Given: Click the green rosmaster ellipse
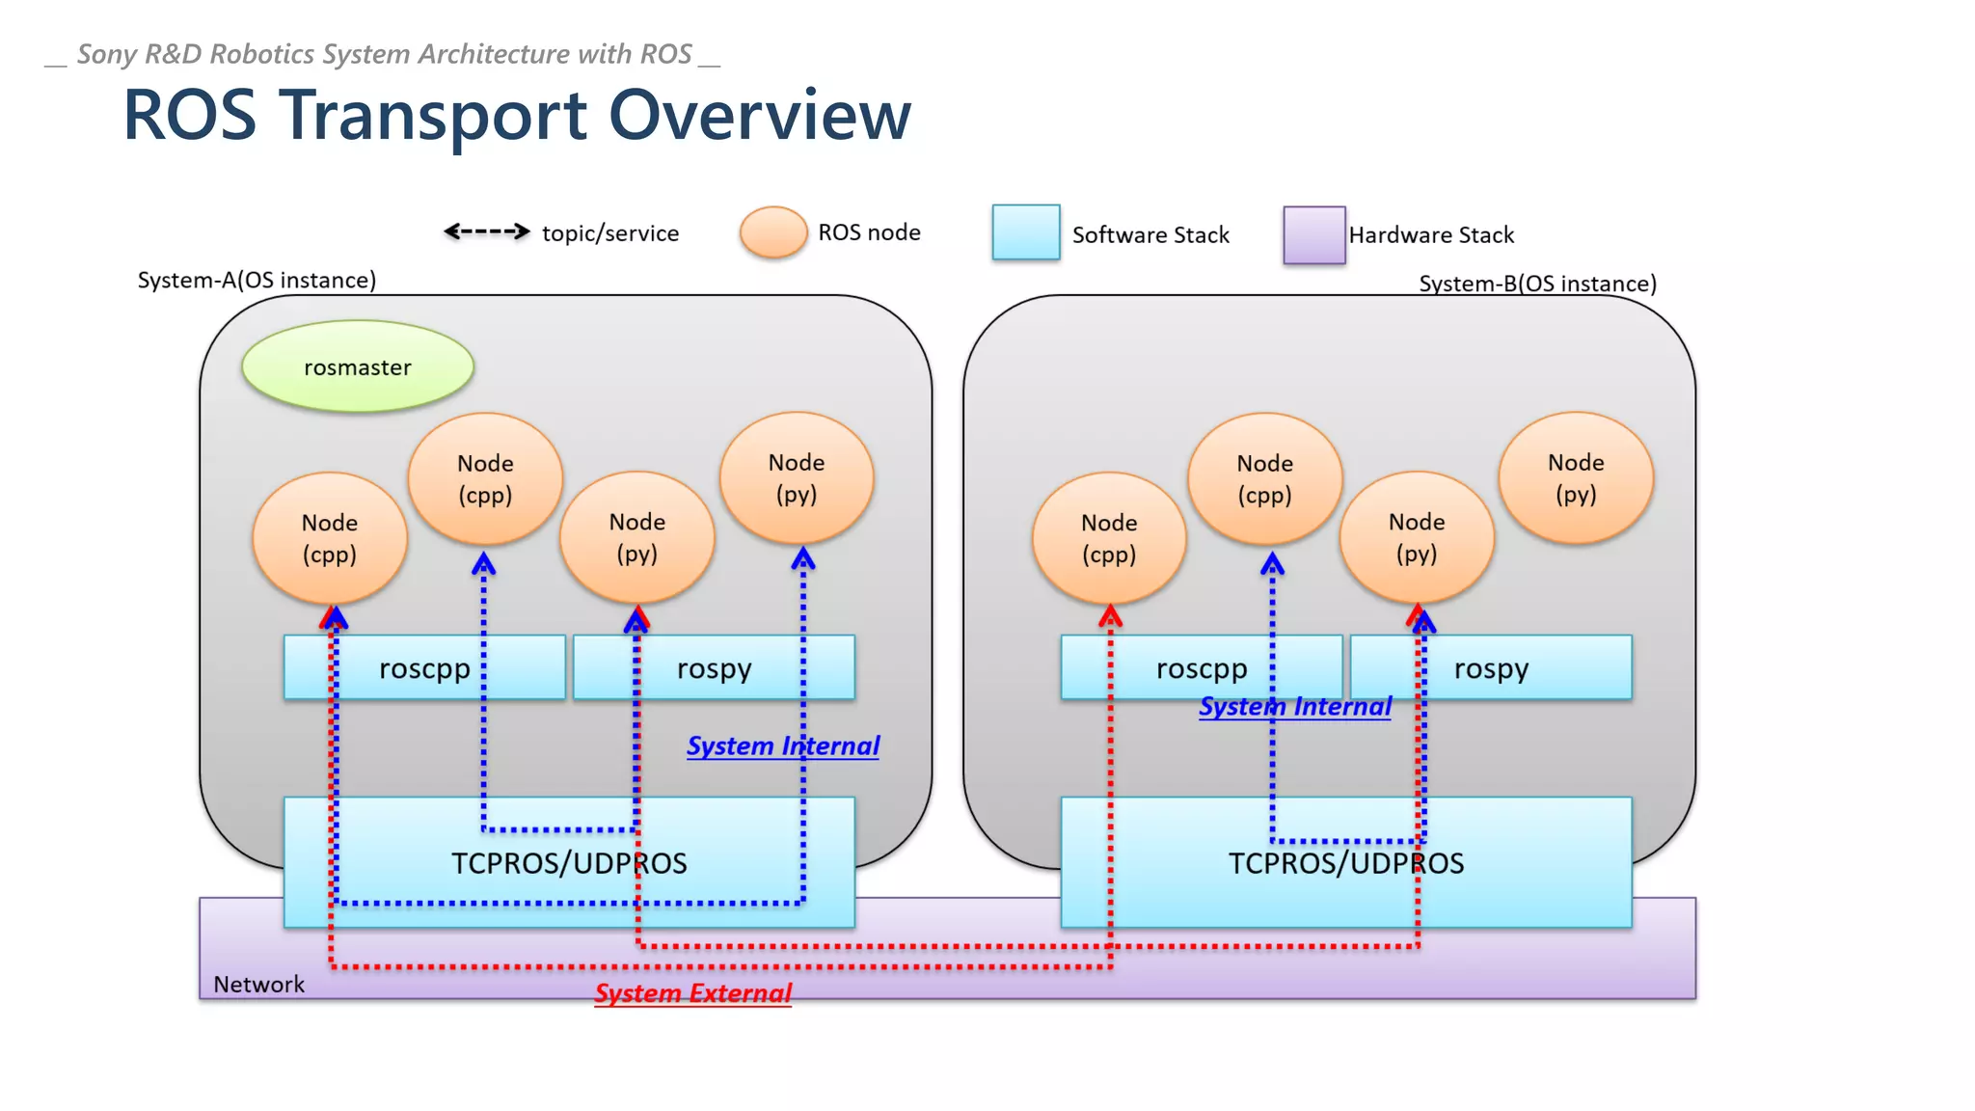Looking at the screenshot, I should [358, 366].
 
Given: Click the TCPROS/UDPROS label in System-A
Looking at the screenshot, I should [569, 863].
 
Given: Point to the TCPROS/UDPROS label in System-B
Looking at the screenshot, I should [1346, 863].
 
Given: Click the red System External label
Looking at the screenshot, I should [692, 993].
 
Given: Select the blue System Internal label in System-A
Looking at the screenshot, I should [782, 745].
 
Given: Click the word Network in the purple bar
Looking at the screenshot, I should [258, 984].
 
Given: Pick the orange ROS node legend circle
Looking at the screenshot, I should [773, 232].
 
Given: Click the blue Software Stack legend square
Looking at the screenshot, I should [1026, 232].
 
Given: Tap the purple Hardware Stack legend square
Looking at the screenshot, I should [1314, 234].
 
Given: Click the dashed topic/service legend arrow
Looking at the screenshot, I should [486, 231].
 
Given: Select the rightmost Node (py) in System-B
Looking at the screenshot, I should [1576, 477].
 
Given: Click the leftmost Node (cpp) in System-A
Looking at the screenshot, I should [330, 537].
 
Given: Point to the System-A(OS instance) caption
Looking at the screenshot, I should [257, 280].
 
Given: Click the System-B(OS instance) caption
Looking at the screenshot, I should [1537, 284].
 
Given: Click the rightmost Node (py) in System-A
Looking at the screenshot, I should [797, 477].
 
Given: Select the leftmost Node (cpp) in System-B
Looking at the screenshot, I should [1109, 537].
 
